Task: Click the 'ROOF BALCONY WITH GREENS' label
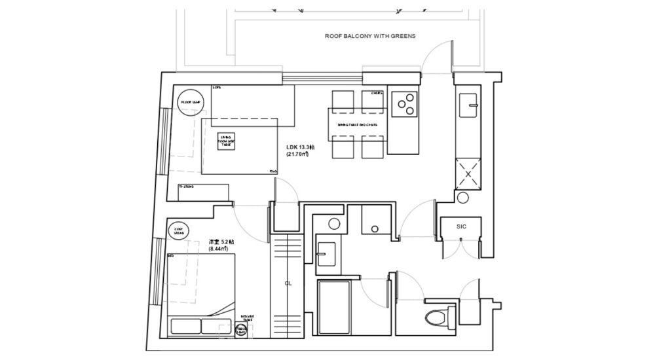[x=370, y=36]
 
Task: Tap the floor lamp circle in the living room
[x=191, y=102]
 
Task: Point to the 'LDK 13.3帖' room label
[x=301, y=147]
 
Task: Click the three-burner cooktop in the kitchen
[x=404, y=103]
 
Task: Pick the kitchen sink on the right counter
[x=470, y=103]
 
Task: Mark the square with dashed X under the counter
[x=469, y=173]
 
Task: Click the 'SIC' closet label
[x=462, y=226]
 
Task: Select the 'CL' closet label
[x=288, y=284]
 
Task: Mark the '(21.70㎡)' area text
[x=297, y=154]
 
